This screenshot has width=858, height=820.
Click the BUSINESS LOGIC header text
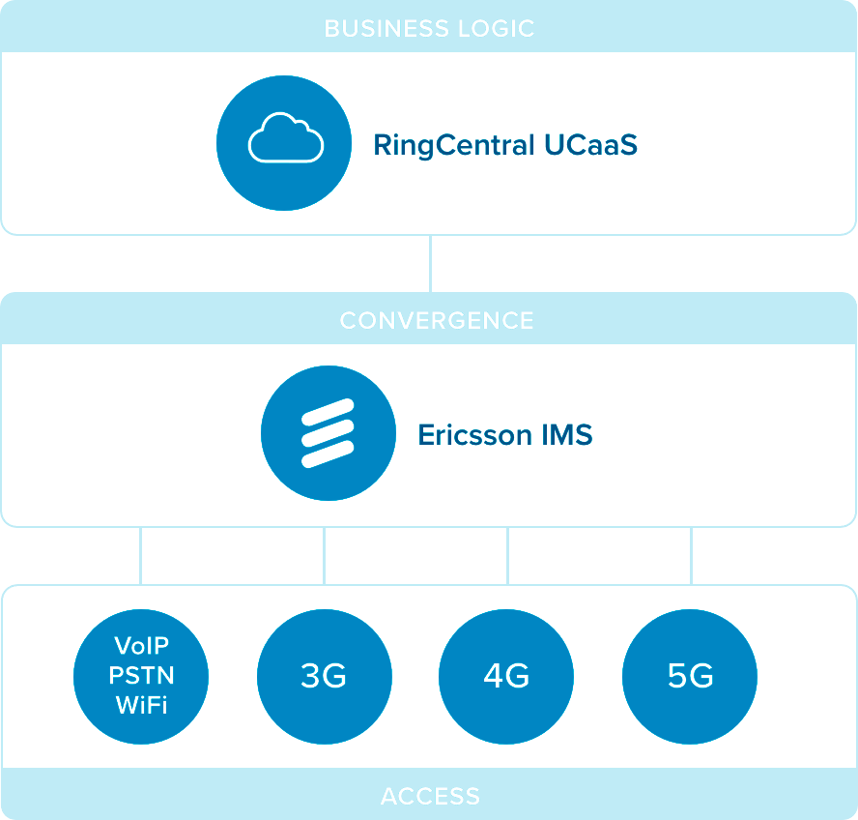point(429,27)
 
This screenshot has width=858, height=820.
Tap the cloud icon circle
point(284,143)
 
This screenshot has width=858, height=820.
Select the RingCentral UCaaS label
point(505,146)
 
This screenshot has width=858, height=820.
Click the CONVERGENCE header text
point(436,320)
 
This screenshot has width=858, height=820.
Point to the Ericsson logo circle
point(329,433)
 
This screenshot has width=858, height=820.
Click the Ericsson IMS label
point(504,435)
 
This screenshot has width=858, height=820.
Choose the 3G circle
point(324,675)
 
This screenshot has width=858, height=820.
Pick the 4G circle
point(506,675)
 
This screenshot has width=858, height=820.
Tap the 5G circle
point(690,675)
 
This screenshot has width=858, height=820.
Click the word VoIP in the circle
point(141,645)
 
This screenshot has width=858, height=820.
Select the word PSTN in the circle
point(141,675)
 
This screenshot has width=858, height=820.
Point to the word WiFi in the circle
point(141,704)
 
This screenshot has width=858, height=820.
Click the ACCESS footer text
point(430,796)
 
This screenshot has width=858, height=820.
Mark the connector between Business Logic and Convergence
point(430,263)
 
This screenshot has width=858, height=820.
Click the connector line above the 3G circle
point(324,556)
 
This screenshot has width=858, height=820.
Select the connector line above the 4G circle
point(507,556)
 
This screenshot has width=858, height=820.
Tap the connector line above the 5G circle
point(691,556)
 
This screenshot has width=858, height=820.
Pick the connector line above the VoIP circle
point(141,556)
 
